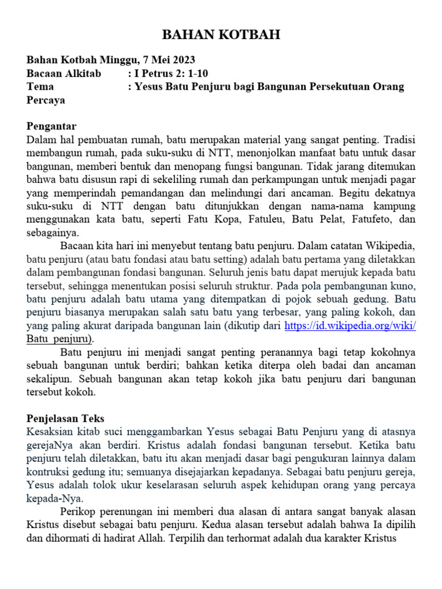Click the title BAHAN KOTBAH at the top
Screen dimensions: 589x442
(221, 36)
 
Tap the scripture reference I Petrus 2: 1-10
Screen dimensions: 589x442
(174, 74)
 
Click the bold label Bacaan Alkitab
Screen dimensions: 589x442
(64, 74)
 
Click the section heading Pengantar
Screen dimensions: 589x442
(52, 127)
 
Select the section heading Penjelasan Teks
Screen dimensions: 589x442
(66, 418)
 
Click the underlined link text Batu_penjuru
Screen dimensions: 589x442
(59, 339)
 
